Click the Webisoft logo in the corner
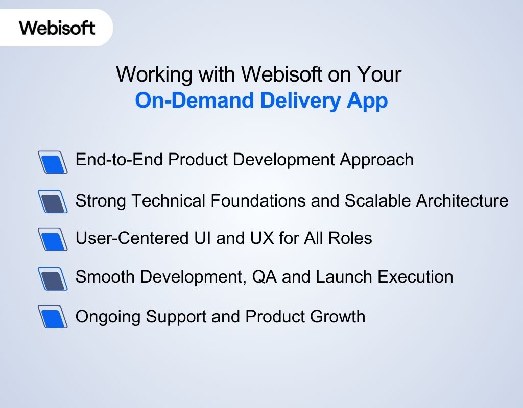pos(57,27)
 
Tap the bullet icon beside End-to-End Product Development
pos(53,162)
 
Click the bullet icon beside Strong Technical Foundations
pos(53,201)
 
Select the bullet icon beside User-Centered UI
pos(53,239)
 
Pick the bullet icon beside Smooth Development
pos(53,278)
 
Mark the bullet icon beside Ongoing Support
pos(53,317)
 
